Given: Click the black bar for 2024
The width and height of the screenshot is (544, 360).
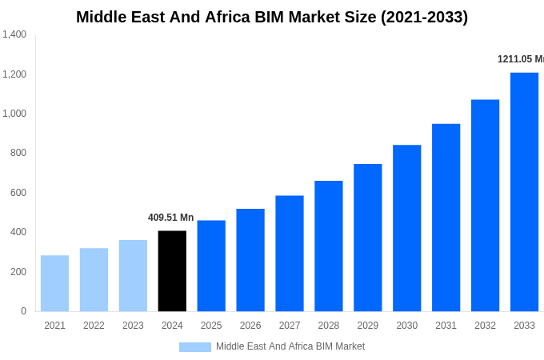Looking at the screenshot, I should coord(172,271).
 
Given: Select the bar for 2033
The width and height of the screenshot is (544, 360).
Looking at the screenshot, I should coord(524,192).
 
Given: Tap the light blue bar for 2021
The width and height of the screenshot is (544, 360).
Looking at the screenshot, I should coord(54,283).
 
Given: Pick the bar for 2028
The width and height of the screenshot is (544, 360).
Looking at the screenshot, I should coord(329,246).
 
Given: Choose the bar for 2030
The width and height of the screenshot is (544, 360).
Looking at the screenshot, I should coord(406,228).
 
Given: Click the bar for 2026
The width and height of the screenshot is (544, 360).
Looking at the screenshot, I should coord(250,260).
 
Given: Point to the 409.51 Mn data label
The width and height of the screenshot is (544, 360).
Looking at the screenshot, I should coord(170,218).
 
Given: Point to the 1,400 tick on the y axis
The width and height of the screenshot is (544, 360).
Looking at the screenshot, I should coord(14,34).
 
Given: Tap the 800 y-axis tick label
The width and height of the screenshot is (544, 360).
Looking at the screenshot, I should coord(18,153).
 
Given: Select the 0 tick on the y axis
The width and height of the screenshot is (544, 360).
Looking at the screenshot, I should coord(23,311).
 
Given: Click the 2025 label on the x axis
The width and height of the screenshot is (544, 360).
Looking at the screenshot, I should coord(211,326).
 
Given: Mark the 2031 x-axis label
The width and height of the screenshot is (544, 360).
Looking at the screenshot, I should coord(446,326).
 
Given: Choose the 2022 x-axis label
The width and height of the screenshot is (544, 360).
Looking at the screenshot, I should coord(94,326).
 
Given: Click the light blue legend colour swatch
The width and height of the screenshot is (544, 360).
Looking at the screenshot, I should coord(194,347).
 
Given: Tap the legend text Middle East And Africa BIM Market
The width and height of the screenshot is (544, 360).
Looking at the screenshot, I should coord(290,346).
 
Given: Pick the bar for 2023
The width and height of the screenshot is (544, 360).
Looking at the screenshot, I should coord(133,275).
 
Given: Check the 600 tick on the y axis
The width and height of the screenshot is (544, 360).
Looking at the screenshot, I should coord(18,193).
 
